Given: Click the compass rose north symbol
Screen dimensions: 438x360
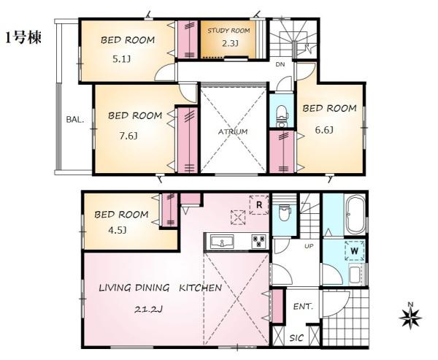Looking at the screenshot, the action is tap(410, 316).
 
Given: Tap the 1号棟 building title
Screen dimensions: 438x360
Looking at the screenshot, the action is tap(23, 37).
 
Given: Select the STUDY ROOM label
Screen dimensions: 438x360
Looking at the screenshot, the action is tap(228, 31).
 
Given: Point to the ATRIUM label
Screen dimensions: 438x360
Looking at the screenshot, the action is tap(233, 131).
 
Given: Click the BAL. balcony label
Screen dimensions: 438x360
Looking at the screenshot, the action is tap(75, 120).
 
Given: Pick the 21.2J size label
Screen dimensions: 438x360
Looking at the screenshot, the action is tap(149, 310).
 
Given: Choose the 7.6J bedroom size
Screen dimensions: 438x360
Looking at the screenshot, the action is tap(128, 136).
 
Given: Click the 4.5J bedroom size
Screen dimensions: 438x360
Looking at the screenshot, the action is tap(118, 230).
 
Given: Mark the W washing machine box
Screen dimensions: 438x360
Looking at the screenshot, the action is tap(355, 250).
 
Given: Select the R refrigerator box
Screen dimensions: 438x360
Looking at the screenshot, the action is tap(259, 205).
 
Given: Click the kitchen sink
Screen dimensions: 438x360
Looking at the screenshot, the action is tap(223, 241).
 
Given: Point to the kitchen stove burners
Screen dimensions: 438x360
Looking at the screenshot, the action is tap(259, 241).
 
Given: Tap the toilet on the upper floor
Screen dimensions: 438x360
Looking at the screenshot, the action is tap(281, 116).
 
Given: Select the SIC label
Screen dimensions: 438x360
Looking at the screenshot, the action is tap(296, 337).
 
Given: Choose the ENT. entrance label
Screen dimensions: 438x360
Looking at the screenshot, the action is tap(303, 307).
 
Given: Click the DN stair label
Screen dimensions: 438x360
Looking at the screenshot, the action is tap(280, 64).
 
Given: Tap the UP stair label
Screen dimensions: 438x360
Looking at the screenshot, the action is tap(309, 246).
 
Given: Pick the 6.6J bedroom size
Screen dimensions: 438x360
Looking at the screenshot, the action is tap(324, 130).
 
